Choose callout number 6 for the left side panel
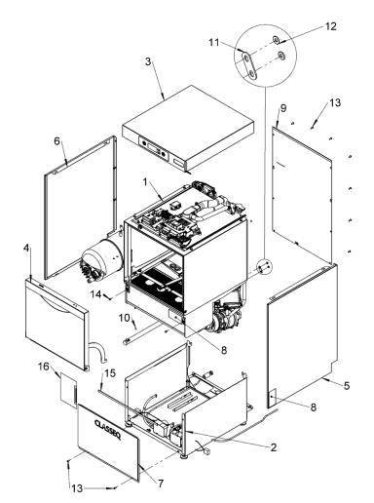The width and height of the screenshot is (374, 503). tap(59, 140)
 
